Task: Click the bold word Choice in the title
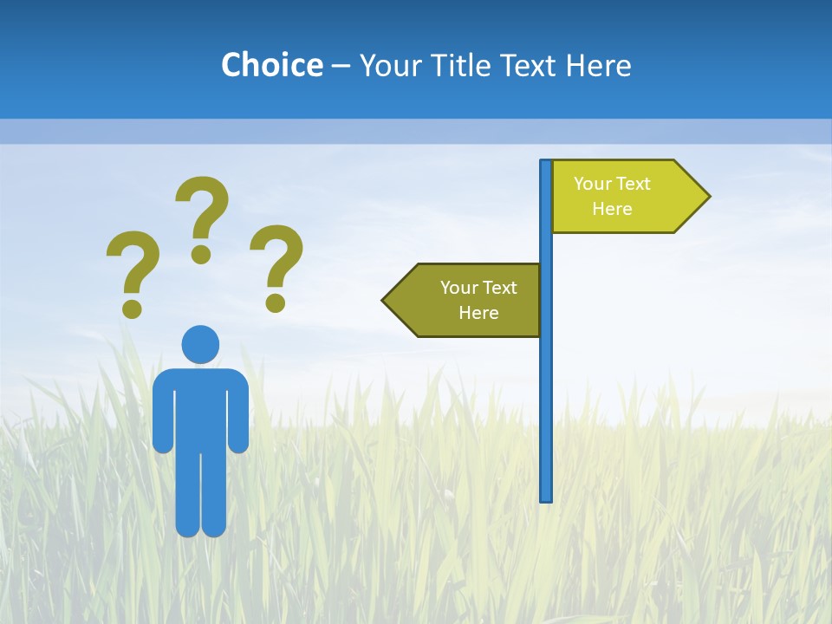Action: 271,65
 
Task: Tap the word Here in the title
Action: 598,65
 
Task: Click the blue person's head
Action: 200,344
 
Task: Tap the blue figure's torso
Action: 200,407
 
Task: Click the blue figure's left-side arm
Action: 162,416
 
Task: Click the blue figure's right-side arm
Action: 239,416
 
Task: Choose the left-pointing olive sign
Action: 468,300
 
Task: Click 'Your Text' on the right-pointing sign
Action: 612,184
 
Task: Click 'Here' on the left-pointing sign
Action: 478,313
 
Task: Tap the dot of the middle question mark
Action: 201,254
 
